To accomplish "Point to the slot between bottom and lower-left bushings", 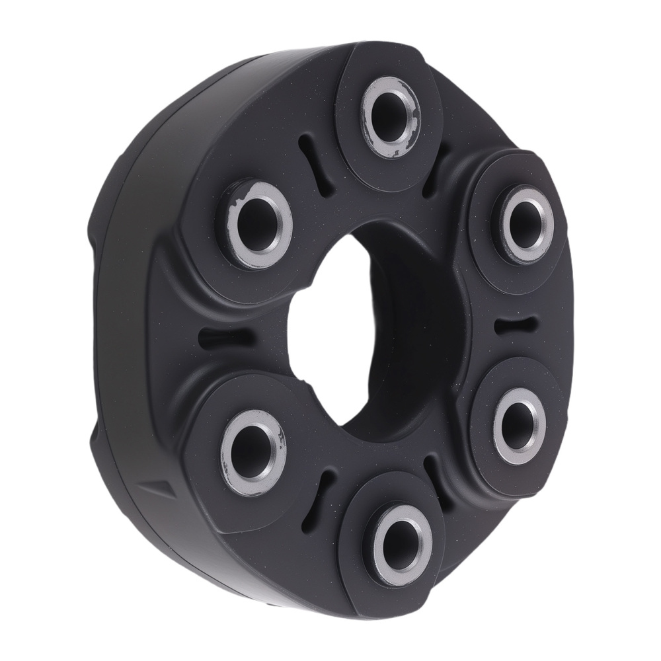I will click(x=325, y=488).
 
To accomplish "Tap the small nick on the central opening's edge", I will click(x=306, y=382).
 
